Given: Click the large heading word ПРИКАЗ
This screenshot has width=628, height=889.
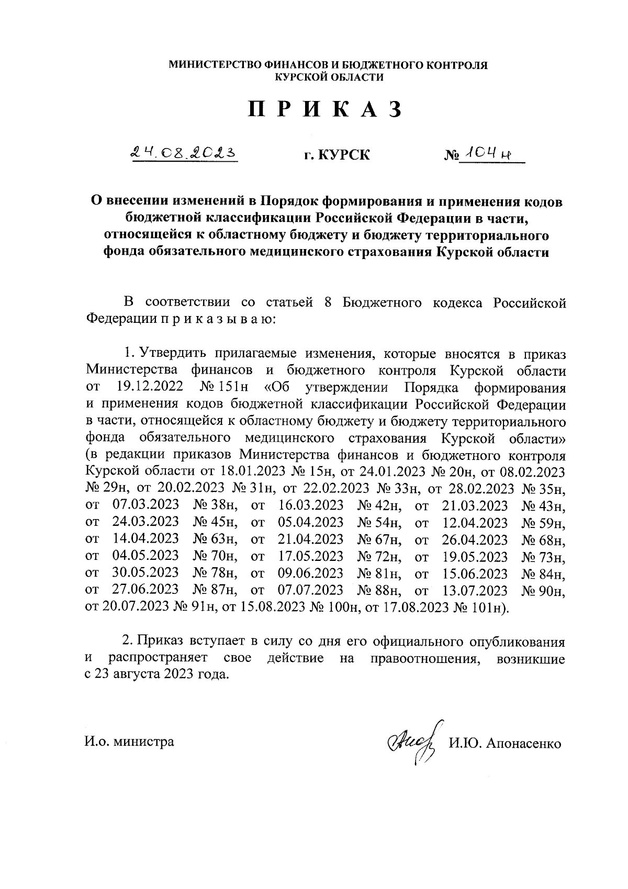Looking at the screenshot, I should [x=324, y=109].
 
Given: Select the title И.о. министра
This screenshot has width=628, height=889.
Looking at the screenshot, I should [x=130, y=741].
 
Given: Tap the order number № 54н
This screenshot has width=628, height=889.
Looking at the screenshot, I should [x=379, y=523].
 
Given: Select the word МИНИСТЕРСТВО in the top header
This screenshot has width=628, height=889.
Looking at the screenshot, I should [x=216, y=66].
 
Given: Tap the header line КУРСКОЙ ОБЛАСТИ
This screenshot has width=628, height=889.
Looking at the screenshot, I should [x=329, y=77].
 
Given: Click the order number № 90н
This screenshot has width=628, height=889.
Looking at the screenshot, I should [x=544, y=591].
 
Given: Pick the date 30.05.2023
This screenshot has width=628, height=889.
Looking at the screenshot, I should [x=145, y=573].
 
